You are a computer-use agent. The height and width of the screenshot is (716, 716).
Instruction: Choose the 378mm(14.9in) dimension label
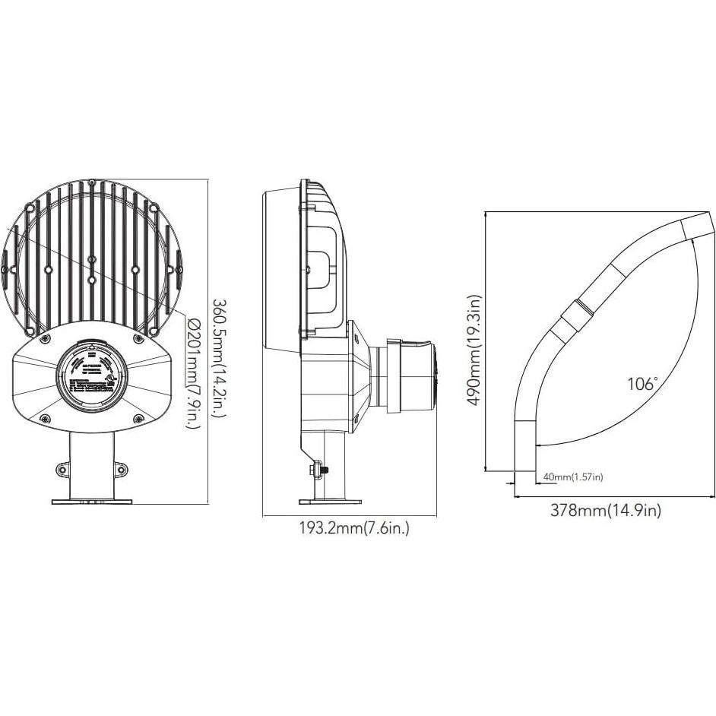click(605, 511)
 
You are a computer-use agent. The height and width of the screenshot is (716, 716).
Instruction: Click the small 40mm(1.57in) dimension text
click(572, 477)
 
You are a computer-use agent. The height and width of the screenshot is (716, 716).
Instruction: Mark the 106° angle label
click(642, 385)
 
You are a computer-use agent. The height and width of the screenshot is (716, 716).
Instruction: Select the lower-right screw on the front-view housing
click(138, 419)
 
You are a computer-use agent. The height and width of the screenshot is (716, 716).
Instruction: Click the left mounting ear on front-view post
click(62, 470)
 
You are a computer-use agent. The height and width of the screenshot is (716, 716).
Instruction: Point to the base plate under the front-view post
click(91, 502)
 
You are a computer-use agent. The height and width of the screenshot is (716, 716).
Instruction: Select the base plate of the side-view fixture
click(330, 502)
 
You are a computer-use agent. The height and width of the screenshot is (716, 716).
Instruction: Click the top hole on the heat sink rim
click(91, 182)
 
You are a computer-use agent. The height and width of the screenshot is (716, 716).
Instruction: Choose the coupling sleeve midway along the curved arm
click(575, 317)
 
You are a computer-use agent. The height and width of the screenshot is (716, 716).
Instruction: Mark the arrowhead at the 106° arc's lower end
click(538, 444)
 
